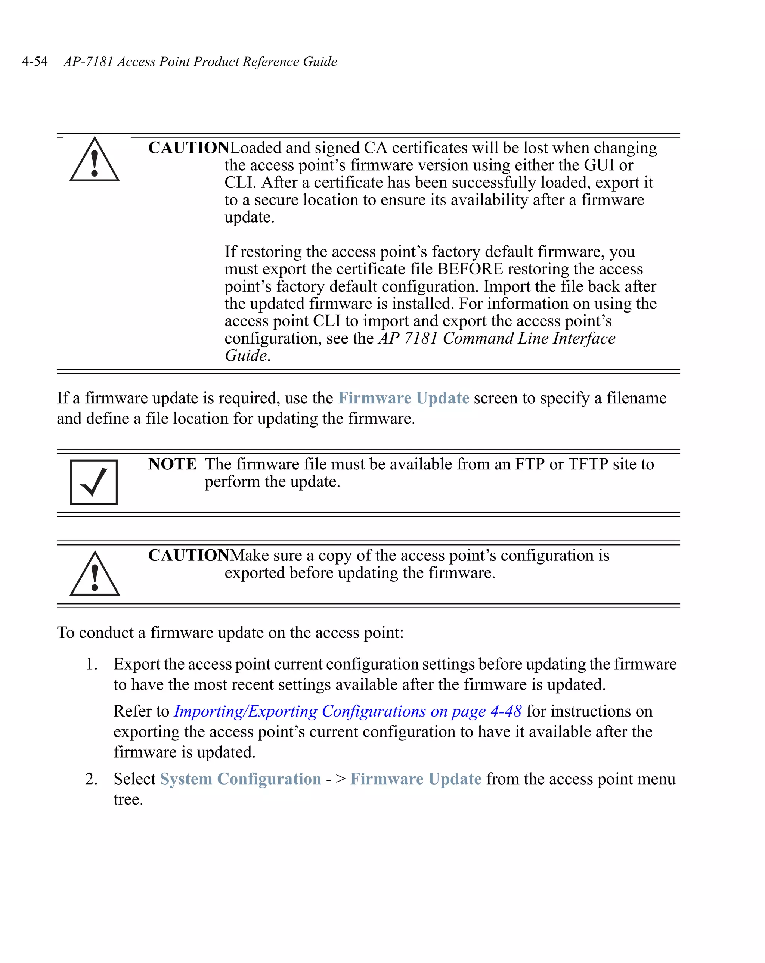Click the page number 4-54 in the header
34,61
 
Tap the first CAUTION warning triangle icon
94,161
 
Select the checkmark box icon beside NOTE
94,482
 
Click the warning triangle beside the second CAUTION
94,575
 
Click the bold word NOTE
172,464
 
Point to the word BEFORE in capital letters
470,269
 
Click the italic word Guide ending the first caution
246,355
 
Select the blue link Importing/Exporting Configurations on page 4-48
347,711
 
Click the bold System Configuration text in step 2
241,779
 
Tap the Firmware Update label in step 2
416,779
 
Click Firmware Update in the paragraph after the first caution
403,398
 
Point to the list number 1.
91,664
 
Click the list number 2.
91,779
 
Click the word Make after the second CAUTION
250,555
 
